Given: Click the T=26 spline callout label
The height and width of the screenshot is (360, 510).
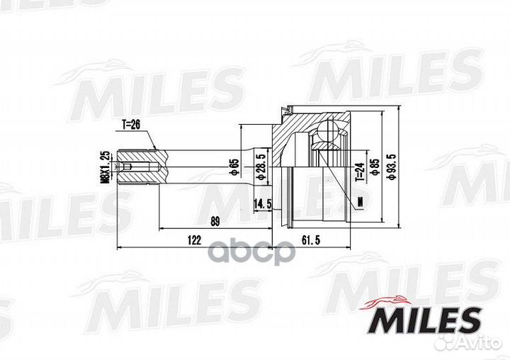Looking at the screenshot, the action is coord(131,124).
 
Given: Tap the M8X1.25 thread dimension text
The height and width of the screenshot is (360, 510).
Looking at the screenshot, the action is coord(104,167).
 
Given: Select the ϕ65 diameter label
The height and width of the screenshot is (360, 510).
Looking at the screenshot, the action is coord(234,167).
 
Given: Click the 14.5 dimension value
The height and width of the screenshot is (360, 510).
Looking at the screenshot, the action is coord(263,204).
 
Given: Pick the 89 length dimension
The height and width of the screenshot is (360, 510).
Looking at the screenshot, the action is coord(215,222).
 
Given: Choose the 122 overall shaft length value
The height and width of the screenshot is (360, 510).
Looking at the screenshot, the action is coord(194,240).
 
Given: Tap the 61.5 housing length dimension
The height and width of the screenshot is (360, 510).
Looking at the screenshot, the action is coord(311,240).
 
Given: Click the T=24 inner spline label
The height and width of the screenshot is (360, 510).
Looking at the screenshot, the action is coord(359,172).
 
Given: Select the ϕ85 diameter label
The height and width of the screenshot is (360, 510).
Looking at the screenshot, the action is coord(375,167).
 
